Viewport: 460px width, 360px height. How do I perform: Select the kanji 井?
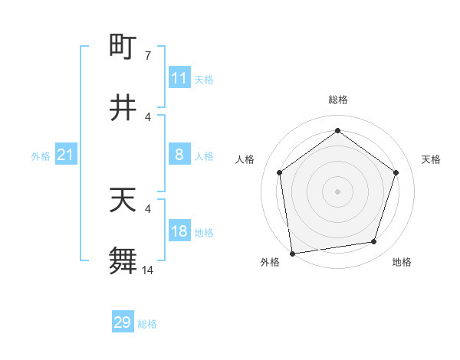point(123,108)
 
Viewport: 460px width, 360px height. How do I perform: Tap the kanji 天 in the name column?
point(123,200)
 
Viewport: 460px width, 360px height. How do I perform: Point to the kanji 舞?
point(123,260)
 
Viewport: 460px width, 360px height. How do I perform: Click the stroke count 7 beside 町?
point(148,56)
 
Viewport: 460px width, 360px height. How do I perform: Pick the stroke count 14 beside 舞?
point(148,270)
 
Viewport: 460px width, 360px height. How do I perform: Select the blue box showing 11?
point(179,78)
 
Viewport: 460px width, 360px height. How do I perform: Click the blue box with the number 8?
point(179,155)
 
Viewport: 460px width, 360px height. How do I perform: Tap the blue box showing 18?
point(179,231)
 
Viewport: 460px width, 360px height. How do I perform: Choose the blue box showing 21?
point(65,155)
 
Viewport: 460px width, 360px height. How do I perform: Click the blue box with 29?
point(123,322)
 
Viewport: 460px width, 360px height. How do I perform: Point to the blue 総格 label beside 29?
point(147,324)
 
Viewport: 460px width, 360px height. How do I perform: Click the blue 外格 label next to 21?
point(41,156)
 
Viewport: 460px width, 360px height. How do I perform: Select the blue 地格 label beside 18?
point(204,233)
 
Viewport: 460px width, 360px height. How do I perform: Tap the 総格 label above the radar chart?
point(337,100)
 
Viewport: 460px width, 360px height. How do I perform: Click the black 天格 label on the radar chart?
point(432,159)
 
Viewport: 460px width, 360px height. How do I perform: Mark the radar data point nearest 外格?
point(292,253)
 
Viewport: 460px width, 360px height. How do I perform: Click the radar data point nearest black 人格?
point(279,172)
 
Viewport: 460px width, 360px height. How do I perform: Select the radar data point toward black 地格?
point(374,241)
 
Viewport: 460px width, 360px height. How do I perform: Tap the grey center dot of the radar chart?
point(337,191)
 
